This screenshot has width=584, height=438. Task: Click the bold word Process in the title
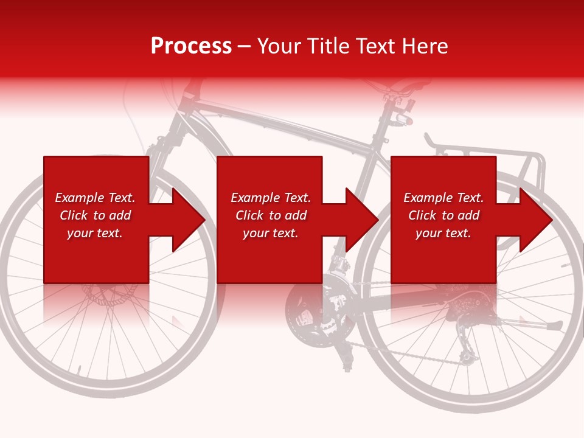click(191, 46)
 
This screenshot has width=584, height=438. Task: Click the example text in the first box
click(95, 215)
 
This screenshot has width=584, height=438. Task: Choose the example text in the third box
click(443, 215)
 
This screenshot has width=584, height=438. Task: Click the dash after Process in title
click(244, 46)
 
